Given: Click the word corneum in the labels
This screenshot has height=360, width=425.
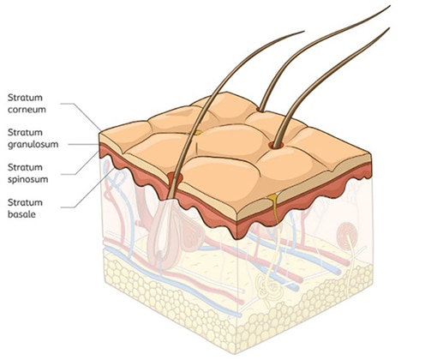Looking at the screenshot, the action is (27, 110).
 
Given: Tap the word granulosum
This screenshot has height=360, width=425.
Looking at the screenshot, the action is (33, 145).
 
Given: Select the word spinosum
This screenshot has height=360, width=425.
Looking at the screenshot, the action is (27, 180).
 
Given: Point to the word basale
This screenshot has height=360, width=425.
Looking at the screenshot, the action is (21, 214).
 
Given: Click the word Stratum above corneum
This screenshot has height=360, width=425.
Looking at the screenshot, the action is (25, 98).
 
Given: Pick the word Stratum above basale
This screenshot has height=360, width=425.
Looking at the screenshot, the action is (25, 202).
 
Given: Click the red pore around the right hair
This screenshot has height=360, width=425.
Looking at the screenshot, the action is (276, 145).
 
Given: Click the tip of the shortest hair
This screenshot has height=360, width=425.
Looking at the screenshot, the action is (304, 31).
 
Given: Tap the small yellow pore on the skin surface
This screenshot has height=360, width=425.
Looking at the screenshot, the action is (198, 133).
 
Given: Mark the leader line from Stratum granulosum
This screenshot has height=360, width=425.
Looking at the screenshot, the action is (84, 145).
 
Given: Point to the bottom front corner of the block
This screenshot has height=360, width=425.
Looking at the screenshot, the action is (236, 353).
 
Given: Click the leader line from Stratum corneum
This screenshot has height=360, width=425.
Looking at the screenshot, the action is (81, 115).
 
